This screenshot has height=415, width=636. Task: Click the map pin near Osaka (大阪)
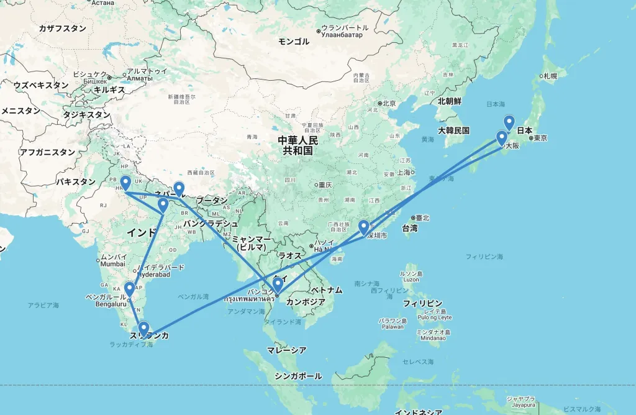coord(501,138)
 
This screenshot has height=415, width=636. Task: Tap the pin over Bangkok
coord(278,284)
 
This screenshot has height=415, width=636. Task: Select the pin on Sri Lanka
coord(143,327)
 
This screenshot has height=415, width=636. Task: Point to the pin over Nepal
coord(179,188)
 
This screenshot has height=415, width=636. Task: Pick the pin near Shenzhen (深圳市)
coord(364,227)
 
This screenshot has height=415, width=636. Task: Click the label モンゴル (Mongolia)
coord(294,42)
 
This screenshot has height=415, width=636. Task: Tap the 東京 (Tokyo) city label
coord(539,138)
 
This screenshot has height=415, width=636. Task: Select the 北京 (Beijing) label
coord(389,103)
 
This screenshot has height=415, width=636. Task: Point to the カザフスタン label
coord(62,29)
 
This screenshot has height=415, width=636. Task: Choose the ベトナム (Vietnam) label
coord(327,290)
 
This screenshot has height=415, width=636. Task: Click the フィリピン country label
coord(422,304)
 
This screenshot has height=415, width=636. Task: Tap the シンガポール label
coord(298,376)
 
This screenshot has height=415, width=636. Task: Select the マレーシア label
coord(286,350)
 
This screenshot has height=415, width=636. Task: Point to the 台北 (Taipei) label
coord(422,217)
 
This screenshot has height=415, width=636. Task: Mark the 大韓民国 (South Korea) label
coord(453,130)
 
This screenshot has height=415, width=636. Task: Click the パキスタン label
coord(76,182)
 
